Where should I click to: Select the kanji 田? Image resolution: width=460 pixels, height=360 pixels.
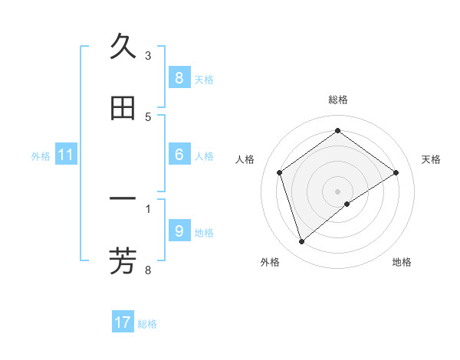[123, 109]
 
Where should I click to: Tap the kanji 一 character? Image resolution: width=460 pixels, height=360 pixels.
[123, 200]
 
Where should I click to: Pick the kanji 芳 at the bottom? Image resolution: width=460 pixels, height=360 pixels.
[123, 260]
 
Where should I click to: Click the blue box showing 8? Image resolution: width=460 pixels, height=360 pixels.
[179, 77]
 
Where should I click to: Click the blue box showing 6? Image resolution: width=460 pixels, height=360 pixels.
[179, 155]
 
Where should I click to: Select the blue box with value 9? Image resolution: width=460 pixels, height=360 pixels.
[179, 231]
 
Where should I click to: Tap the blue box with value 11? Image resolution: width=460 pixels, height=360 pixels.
[66, 155]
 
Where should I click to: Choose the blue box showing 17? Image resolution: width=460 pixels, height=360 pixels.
[123, 322]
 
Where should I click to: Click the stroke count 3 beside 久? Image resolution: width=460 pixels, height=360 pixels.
[148, 56]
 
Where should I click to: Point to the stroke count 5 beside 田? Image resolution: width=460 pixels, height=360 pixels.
[148, 116]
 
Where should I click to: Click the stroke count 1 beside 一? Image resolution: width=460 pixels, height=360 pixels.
[148, 208]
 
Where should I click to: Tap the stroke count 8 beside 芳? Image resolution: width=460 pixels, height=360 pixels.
[148, 269]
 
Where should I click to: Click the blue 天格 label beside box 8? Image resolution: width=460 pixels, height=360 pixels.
[204, 79]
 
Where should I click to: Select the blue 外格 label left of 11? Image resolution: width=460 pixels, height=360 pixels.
[41, 155]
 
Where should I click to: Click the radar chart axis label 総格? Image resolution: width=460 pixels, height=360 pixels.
[338, 100]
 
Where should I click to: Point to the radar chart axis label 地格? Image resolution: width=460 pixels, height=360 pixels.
[402, 262]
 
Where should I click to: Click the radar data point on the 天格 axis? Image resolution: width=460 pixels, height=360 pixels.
[396, 172]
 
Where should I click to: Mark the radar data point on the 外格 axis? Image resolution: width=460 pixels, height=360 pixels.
[302, 242]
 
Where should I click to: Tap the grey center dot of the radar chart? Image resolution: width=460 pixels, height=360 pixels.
[337, 191]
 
